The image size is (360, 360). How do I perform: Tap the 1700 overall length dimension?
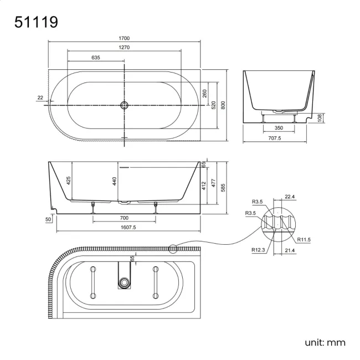pos(124,38)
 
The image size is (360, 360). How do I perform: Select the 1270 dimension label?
pos(124,47)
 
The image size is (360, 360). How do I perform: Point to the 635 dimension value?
pos(95,57)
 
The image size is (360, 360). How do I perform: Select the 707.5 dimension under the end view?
pos(279,138)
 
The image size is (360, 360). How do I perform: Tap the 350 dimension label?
pos(279,127)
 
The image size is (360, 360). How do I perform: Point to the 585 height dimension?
pos(224,188)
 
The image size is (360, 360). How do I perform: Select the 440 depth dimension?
pos(115,181)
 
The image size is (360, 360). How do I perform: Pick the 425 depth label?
pos(69,181)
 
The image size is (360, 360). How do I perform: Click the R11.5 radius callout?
pos(304,239)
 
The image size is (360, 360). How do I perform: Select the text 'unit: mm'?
pos(325,342)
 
